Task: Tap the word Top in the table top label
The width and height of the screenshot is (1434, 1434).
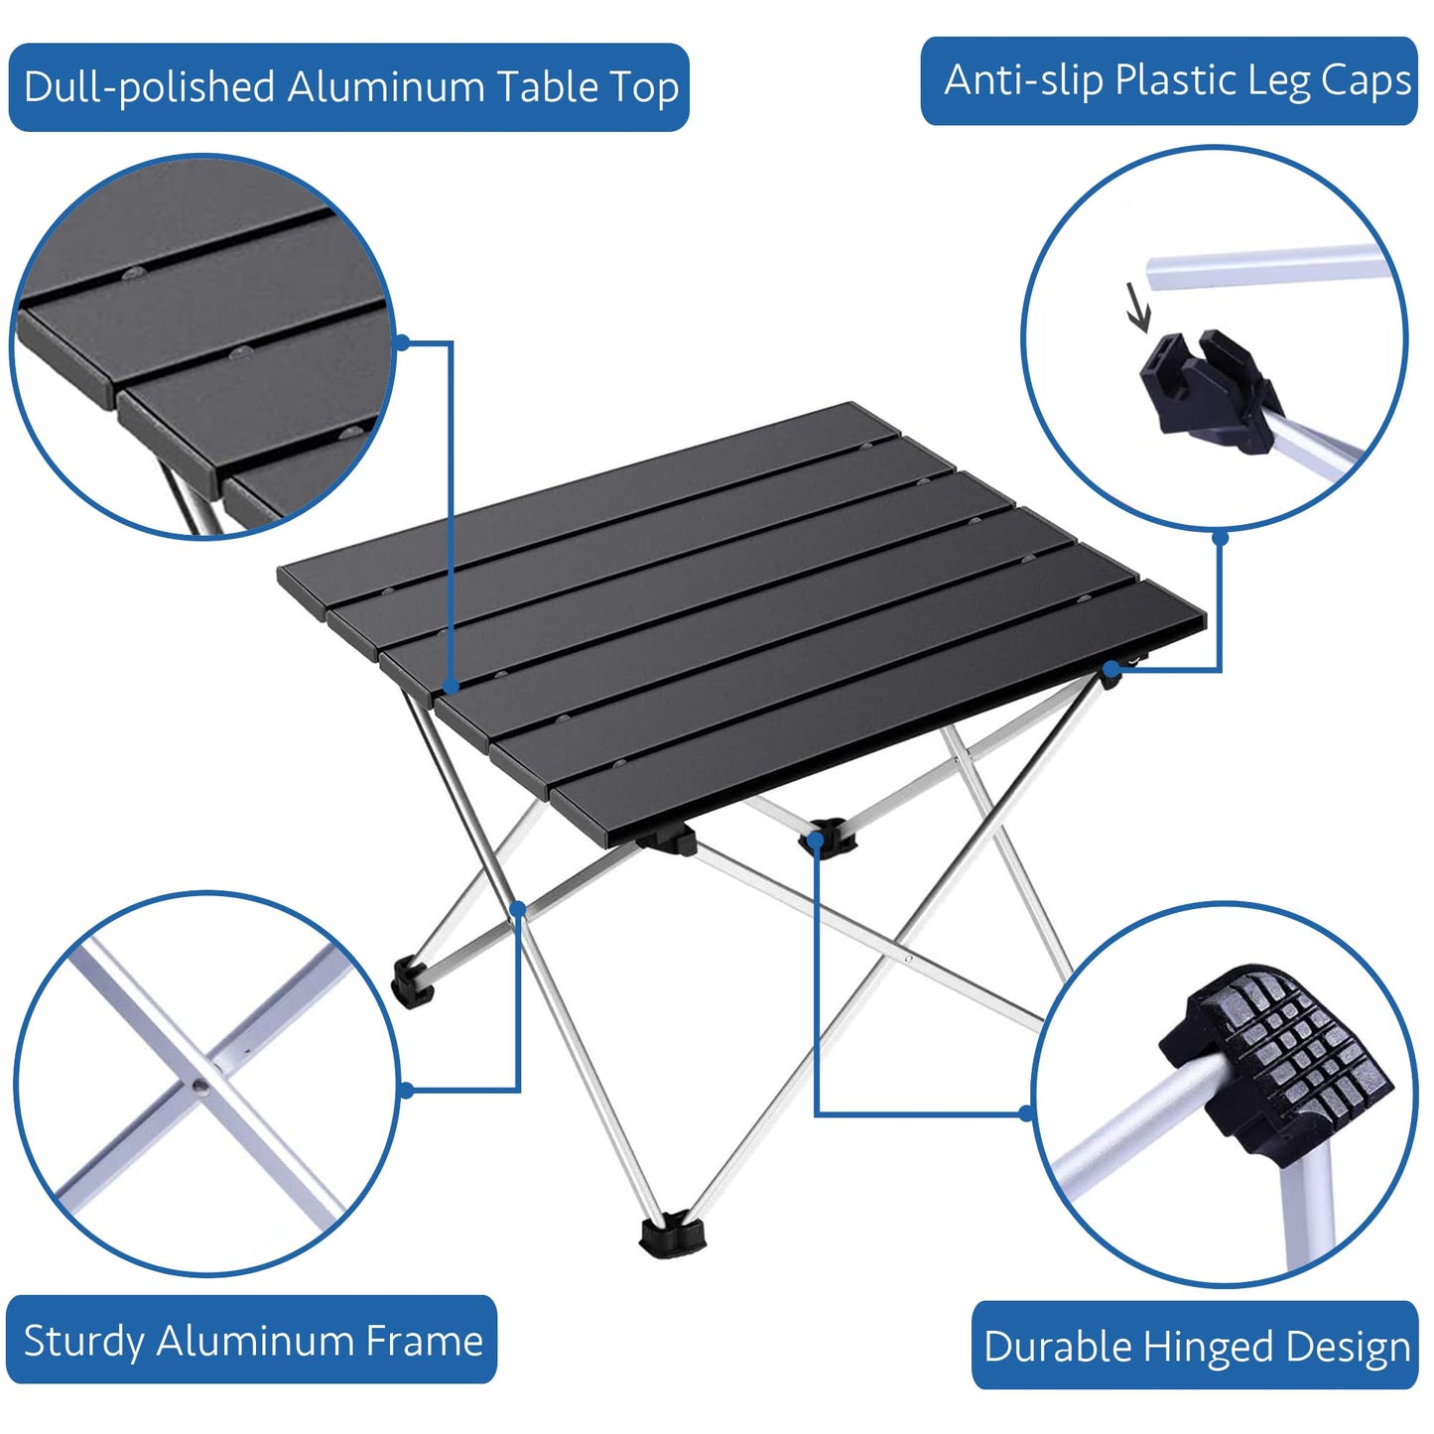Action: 645,87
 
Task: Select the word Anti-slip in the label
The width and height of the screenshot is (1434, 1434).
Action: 1022,80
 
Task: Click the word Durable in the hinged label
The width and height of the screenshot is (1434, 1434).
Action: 1057,1347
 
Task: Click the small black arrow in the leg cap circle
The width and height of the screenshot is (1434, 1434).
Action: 1137,308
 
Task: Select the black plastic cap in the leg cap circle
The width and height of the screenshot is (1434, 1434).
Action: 1206,392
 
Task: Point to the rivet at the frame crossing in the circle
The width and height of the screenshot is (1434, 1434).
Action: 200,1085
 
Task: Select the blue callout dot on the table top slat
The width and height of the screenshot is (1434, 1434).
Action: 452,686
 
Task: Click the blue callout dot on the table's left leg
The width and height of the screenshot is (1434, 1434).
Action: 518,908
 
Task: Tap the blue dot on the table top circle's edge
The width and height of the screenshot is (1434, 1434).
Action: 402,342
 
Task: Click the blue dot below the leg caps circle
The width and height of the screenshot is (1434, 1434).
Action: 1221,538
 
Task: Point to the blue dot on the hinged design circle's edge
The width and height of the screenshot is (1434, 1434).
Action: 1027,1113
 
